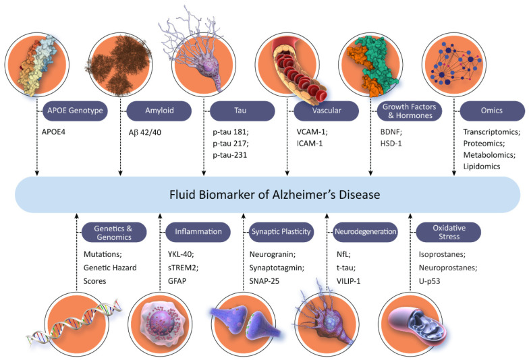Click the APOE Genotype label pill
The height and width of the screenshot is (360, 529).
75,111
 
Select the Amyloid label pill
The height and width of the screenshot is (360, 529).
159,111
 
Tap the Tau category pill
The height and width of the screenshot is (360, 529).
242,111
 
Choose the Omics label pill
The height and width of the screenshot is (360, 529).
493,111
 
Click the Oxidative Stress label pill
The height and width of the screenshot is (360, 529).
448,232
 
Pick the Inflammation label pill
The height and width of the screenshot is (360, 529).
198,232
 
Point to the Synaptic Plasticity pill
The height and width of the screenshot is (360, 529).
281,232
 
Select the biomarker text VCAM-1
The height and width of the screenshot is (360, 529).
311,132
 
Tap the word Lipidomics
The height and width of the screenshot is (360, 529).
482,167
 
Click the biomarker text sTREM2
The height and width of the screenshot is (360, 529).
182,268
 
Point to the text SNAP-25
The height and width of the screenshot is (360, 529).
264,281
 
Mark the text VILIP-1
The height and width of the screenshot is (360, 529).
348,281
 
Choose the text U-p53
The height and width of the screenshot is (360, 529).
429,281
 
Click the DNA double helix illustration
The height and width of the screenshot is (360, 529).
74,323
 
